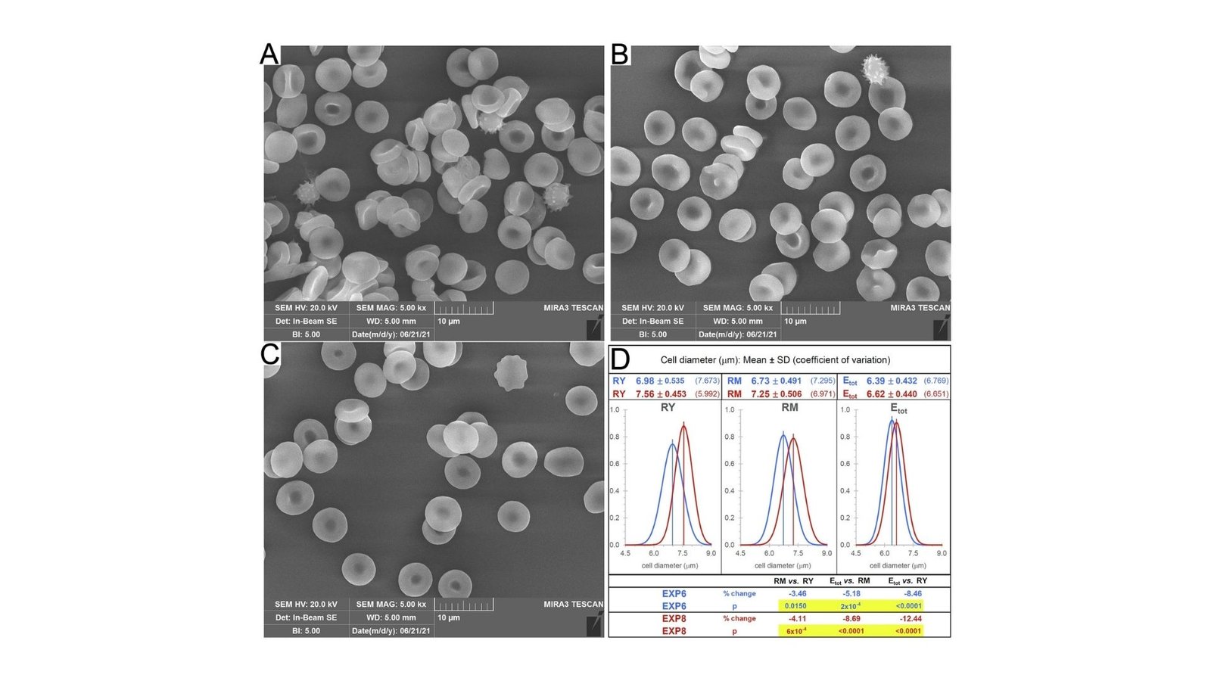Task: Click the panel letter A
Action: [269, 55]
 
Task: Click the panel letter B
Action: [620, 54]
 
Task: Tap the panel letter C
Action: [270, 353]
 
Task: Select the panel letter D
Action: [620, 359]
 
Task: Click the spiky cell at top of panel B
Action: [876, 68]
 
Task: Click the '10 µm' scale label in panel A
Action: [449, 322]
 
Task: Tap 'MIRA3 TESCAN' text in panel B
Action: [920, 308]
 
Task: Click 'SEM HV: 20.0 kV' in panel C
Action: [306, 605]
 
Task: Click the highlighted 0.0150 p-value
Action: [795, 606]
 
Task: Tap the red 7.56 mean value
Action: [645, 394]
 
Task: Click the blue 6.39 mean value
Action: [876, 381]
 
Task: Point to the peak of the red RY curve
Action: [683, 426]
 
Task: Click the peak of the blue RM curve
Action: [783, 434]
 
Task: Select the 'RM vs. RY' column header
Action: [793, 581]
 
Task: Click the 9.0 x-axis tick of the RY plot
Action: [711, 553]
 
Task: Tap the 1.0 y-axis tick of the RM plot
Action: [729, 410]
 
